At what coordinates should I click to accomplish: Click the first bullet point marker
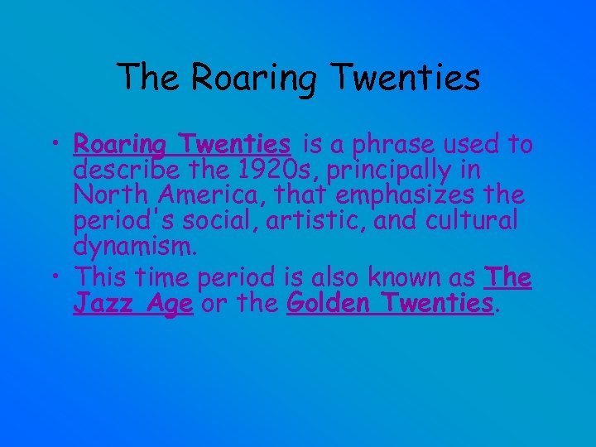tap(60, 147)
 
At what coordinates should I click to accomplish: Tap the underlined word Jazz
tap(99, 304)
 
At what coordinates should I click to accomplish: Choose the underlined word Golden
tap(329, 303)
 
